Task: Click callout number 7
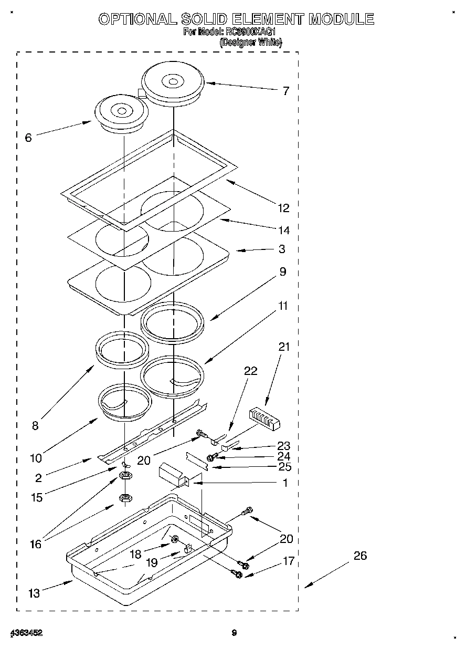pos(285,91)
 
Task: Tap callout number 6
pos(28,138)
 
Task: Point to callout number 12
pos(283,208)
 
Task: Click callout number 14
pos(283,230)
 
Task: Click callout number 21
pos(284,347)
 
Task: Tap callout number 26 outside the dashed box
pos(360,555)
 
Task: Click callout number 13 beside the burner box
pos(34,593)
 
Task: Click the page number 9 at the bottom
pos(235,633)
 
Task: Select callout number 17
pos(289,561)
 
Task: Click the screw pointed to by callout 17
pos(237,574)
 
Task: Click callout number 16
pos(36,544)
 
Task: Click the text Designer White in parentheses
pos(250,43)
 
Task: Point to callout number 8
pos(35,425)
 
